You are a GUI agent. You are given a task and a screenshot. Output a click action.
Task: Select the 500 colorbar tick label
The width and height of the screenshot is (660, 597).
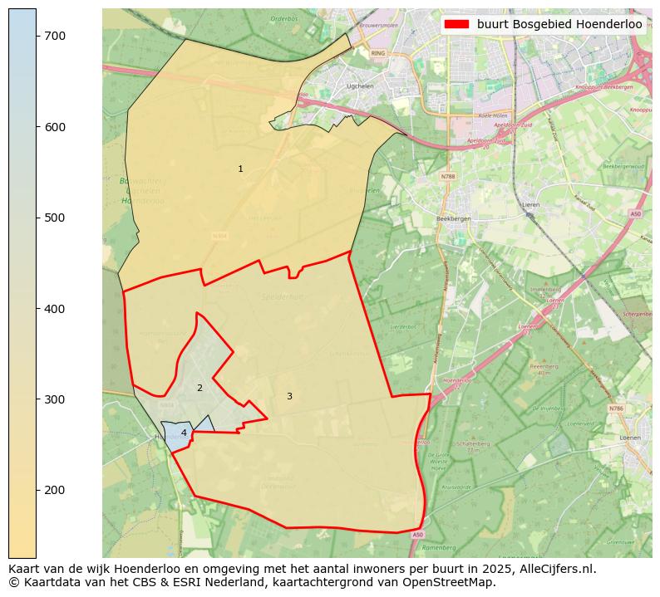(54, 218)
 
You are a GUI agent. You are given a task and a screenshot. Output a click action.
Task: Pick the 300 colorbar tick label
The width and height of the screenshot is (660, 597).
(54, 399)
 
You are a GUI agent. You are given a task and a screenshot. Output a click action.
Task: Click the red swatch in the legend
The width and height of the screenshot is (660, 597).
(457, 24)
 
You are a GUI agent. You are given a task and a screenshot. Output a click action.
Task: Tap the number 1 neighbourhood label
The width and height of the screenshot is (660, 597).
(240, 169)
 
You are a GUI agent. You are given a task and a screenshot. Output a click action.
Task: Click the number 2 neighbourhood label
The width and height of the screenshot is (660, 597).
(199, 388)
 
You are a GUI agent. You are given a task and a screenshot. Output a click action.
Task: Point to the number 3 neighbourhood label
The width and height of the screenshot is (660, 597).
(289, 397)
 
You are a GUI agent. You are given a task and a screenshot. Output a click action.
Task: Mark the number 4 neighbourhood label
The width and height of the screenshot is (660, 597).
(184, 433)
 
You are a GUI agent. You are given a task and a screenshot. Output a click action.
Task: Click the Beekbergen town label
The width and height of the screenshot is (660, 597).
(453, 218)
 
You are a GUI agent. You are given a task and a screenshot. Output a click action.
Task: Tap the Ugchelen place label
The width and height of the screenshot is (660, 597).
(360, 86)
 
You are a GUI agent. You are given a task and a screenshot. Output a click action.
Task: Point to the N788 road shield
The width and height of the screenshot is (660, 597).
(448, 177)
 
